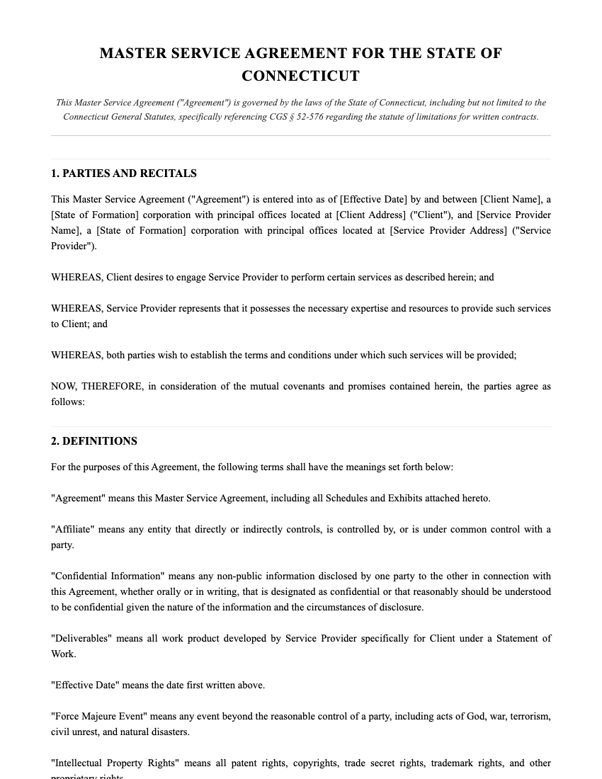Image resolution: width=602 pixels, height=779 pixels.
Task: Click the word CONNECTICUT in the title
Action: [x=300, y=76]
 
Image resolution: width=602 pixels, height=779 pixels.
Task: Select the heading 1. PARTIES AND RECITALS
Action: [x=124, y=174]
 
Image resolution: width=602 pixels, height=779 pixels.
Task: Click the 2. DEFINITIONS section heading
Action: [x=94, y=441]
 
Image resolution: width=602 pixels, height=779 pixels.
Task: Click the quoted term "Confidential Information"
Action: [x=108, y=576]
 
